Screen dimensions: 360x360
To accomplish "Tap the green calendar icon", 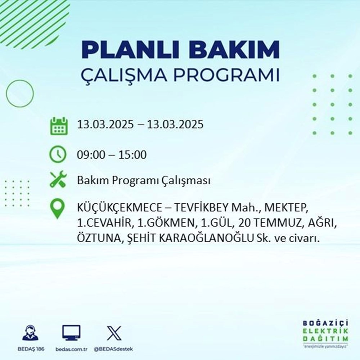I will pos(58,126).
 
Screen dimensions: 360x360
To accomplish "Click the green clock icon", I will pos(58,155).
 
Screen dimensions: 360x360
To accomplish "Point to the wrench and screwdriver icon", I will pos(58,180).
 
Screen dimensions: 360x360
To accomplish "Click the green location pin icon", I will pos(58,209).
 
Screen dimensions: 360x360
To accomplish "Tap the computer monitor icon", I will pos(71,333).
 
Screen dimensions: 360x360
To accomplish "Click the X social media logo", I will pos(114,333).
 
